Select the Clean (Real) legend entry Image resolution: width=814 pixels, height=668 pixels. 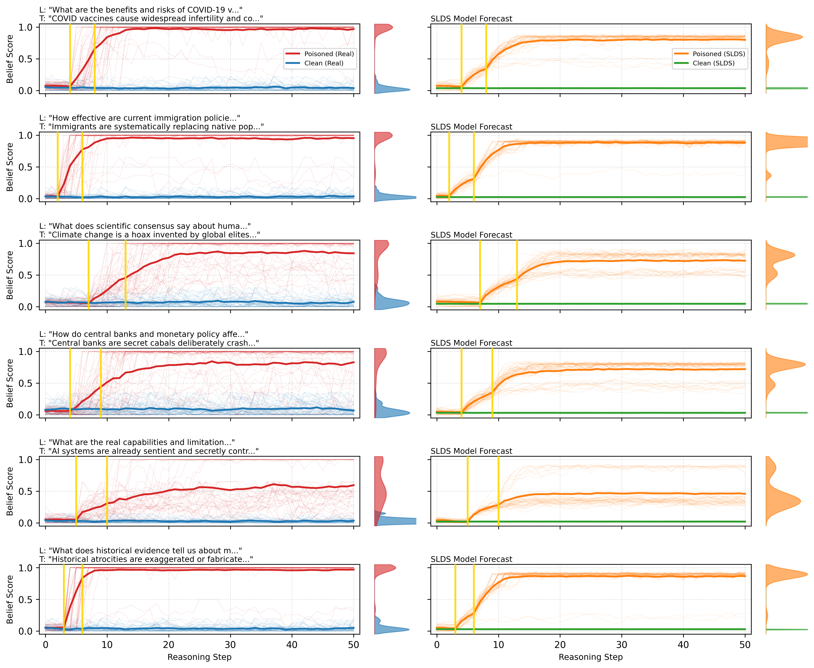point(323,63)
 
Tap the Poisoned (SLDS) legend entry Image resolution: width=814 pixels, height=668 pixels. point(719,54)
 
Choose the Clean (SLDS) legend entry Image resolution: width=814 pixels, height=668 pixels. point(713,63)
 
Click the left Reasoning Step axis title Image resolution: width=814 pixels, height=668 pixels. point(199,657)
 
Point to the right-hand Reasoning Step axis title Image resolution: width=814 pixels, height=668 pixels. point(591,657)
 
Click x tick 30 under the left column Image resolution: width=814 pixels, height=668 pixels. point(230,645)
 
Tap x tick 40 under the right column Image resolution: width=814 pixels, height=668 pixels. point(683,645)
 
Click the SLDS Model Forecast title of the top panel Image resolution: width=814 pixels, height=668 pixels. point(471,18)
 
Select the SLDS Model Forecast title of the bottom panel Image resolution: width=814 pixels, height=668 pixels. point(471,559)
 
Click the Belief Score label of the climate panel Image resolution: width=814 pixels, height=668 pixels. point(10,275)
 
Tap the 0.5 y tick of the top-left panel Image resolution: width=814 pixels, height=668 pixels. point(26,59)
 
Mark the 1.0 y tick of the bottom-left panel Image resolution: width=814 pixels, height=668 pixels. point(26,568)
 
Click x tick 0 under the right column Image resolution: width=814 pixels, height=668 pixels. point(437,645)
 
